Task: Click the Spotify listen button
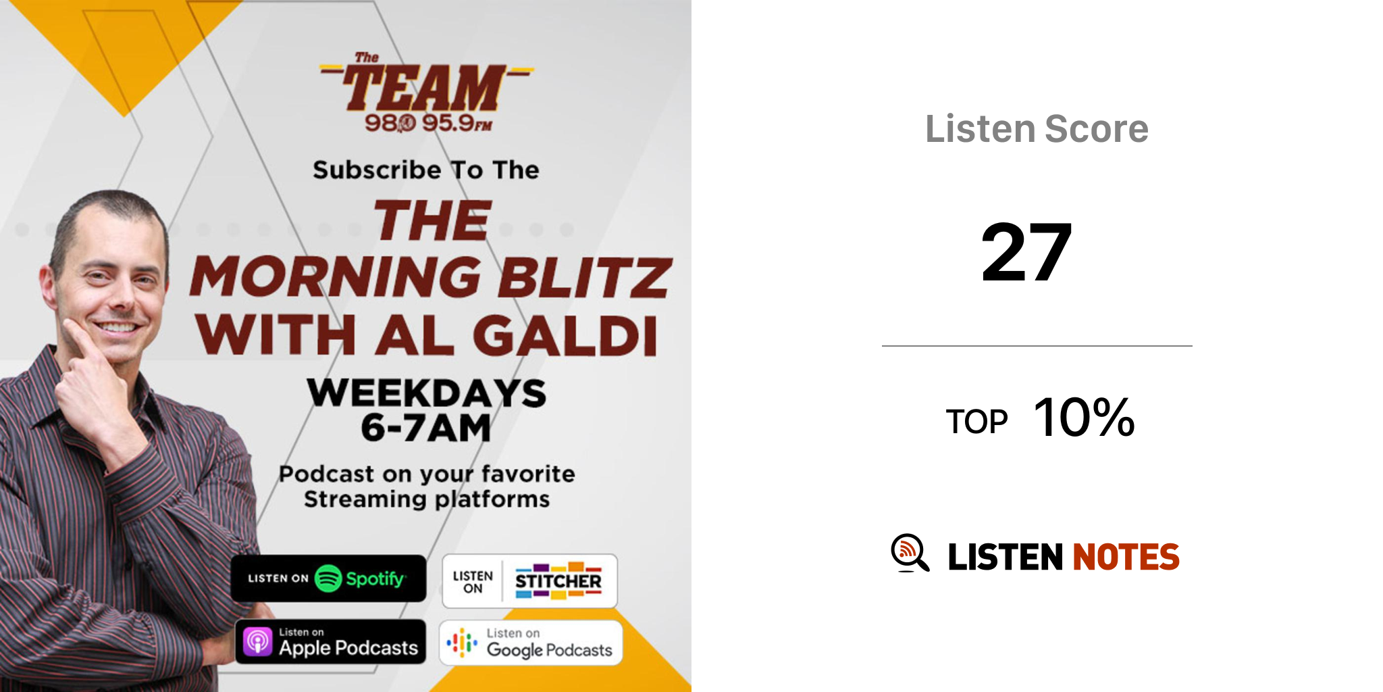click(328, 578)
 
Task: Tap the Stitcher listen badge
click(529, 581)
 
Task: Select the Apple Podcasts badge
click(330, 641)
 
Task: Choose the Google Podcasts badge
click(531, 643)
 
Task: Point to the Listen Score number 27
click(1026, 253)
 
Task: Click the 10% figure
click(1084, 417)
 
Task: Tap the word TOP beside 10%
click(976, 422)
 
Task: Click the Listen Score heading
click(1037, 128)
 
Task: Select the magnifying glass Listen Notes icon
click(910, 553)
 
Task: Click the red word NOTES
click(1126, 557)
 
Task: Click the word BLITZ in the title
click(584, 277)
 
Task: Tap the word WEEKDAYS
click(427, 393)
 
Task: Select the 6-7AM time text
click(426, 428)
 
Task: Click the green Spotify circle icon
click(328, 578)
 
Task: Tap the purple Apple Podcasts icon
click(257, 641)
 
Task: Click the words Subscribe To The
click(426, 170)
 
